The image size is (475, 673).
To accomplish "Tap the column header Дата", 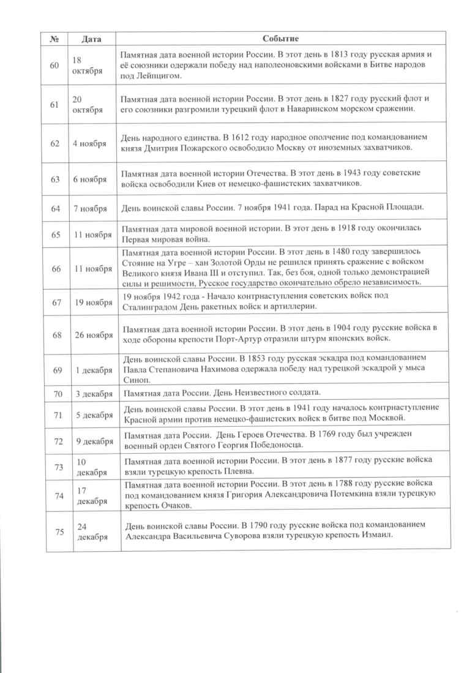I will pos(91,39).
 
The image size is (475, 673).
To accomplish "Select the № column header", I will pos(54,39).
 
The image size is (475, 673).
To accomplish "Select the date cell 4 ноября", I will pos(89,144).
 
